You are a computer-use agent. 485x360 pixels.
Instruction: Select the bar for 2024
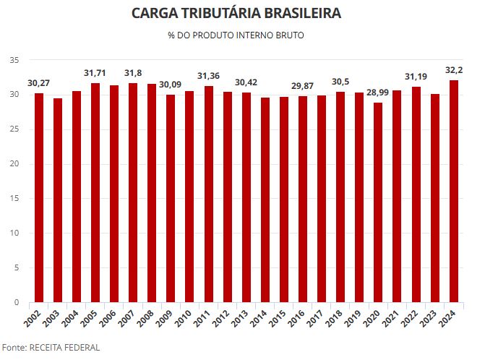click(x=454, y=191)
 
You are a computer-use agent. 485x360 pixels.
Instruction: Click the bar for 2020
click(x=378, y=202)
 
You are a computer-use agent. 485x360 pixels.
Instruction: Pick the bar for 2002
click(x=39, y=197)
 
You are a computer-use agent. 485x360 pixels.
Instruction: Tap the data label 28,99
click(x=378, y=93)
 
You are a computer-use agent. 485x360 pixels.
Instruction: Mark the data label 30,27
click(x=39, y=83)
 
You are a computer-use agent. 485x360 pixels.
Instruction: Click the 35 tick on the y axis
click(x=14, y=60)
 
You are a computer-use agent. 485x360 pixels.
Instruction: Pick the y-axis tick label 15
click(x=14, y=199)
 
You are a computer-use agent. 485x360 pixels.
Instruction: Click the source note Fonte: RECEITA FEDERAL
click(x=51, y=348)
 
